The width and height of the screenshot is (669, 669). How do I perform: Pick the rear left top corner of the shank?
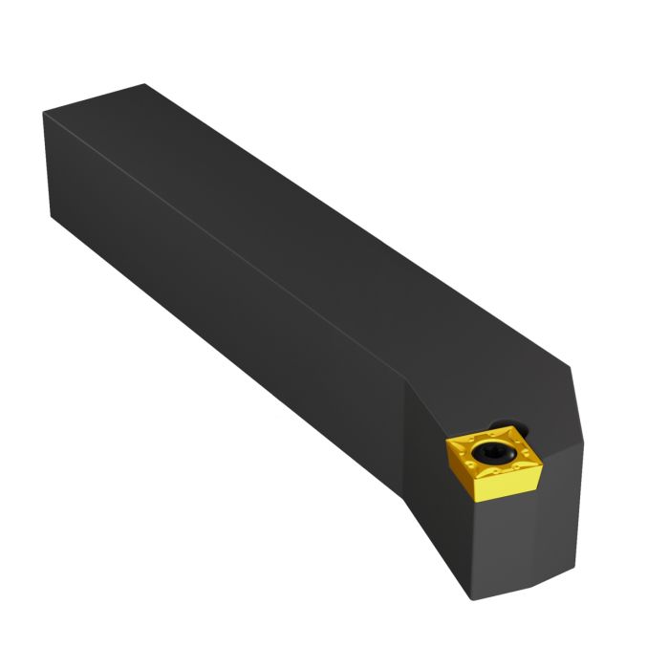tap(44, 112)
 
